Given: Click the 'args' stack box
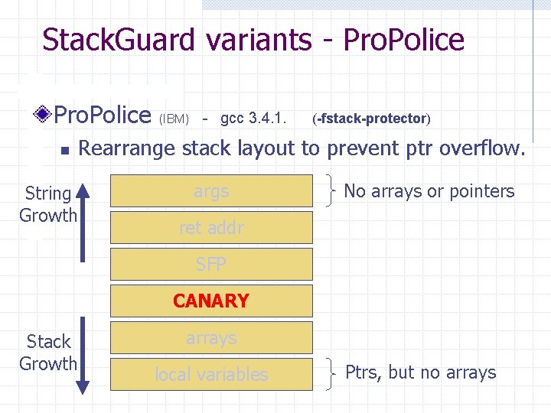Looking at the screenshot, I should (x=211, y=191).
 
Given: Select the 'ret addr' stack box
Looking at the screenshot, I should (x=211, y=227).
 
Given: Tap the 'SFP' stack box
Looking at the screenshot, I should (x=211, y=264).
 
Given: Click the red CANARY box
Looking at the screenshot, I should (x=211, y=301).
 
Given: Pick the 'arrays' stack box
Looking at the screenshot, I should (x=211, y=337).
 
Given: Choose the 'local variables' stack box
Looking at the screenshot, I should (x=211, y=374).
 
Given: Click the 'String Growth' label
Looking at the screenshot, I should (x=48, y=204).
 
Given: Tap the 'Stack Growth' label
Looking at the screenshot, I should (x=48, y=353).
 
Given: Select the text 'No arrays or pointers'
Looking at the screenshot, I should (x=429, y=191).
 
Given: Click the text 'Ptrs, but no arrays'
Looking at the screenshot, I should (x=420, y=372).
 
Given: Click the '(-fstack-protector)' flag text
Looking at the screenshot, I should (x=372, y=119).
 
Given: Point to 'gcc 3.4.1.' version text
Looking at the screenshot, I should (x=253, y=119).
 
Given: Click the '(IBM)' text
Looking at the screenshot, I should (x=174, y=119).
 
